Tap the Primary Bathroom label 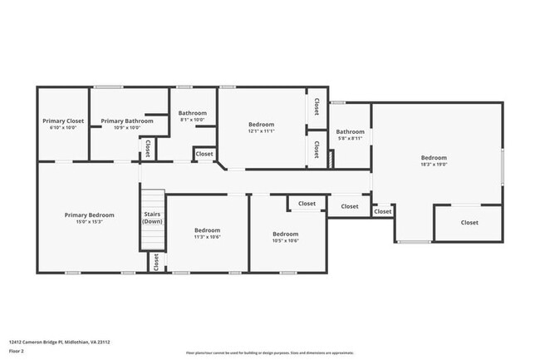(127, 121)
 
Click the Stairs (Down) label (152, 218)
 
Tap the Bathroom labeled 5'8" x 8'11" (350, 131)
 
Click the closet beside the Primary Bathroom (148, 148)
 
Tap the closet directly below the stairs (155, 262)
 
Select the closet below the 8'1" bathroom (204, 154)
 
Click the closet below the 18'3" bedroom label (469, 223)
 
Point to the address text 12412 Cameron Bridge (60, 342)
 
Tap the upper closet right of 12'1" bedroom (317, 106)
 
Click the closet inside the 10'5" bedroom (307, 204)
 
